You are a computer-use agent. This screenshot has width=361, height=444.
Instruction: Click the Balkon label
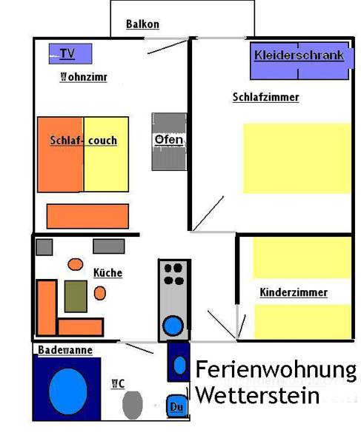[142, 24]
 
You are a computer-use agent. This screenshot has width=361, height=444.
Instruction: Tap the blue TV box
[70, 53]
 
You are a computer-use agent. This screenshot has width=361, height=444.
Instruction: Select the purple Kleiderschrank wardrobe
[302, 61]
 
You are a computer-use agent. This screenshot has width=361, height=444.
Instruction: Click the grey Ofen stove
[169, 141]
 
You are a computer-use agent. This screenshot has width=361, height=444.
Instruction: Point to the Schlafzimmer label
[265, 97]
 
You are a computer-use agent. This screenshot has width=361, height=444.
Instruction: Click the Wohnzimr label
[84, 77]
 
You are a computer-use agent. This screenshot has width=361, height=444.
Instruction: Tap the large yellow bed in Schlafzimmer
[297, 158]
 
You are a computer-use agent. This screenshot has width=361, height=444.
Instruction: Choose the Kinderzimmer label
[294, 292]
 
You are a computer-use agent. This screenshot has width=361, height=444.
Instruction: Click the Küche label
[107, 273]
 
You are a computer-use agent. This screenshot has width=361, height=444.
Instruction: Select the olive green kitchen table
[76, 297]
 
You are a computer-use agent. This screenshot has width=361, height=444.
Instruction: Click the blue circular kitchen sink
[173, 326]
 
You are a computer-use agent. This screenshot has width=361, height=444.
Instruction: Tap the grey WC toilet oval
[133, 405]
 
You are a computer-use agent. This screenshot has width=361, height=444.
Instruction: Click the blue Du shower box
[177, 406]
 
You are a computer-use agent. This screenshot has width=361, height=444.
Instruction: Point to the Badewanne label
[65, 350]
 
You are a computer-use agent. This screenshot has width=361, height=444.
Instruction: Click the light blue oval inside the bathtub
[68, 391]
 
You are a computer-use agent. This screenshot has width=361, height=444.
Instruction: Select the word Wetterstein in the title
[258, 395]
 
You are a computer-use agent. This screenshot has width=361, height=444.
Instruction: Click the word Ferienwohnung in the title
[276, 370]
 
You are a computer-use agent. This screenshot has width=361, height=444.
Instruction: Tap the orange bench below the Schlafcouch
[87, 216]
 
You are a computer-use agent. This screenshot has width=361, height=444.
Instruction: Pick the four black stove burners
[174, 274]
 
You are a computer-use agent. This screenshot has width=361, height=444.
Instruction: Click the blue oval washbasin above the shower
[179, 366]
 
